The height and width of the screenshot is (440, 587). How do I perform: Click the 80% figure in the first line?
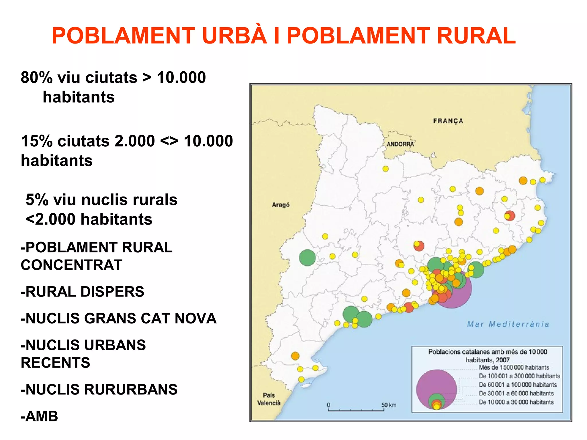(37, 78)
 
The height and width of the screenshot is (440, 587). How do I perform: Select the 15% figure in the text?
(37, 141)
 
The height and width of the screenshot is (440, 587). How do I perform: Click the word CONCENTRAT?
(71, 265)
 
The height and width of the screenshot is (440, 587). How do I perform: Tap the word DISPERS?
(112, 292)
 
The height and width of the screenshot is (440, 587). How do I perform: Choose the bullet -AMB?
(39, 416)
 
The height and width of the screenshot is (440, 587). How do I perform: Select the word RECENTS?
(55, 363)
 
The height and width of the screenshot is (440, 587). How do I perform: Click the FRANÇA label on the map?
(448, 121)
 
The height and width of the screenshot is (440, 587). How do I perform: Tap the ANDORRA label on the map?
(400, 144)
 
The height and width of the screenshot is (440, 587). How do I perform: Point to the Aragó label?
(281, 205)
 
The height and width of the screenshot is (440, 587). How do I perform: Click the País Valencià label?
(269, 399)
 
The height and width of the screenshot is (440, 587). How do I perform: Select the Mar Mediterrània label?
(508, 324)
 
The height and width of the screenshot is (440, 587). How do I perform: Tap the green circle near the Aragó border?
(307, 258)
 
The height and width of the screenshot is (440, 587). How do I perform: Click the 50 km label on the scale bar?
(389, 405)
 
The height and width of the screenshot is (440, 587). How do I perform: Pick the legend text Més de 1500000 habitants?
(514, 368)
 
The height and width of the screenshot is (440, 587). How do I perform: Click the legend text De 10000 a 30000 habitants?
(516, 402)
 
